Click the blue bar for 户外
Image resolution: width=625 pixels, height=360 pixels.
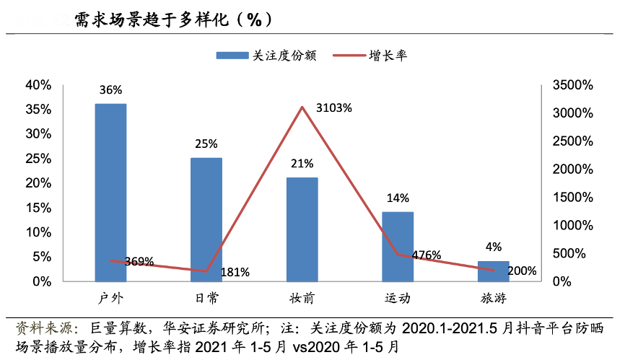tap(110, 192)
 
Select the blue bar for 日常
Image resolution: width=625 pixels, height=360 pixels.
tap(206, 219)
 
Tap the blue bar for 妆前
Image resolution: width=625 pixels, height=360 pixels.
tap(302, 229)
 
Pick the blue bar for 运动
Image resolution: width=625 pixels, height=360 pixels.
tap(398, 246)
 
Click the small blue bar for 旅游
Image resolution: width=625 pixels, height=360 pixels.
tap(493, 271)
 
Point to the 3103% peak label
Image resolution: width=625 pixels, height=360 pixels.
tap(334, 108)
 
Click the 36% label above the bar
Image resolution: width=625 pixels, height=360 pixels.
tap(110, 90)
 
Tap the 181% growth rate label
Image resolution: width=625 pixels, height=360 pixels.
tap(235, 272)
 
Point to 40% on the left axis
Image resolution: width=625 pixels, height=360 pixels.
tap(38, 85)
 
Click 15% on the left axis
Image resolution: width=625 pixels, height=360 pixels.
tap(38, 208)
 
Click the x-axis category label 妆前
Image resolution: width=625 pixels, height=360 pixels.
tap(302, 299)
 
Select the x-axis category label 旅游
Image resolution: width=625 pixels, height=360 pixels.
tap(493, 299)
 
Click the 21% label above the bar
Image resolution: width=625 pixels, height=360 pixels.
tap(302, 164)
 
